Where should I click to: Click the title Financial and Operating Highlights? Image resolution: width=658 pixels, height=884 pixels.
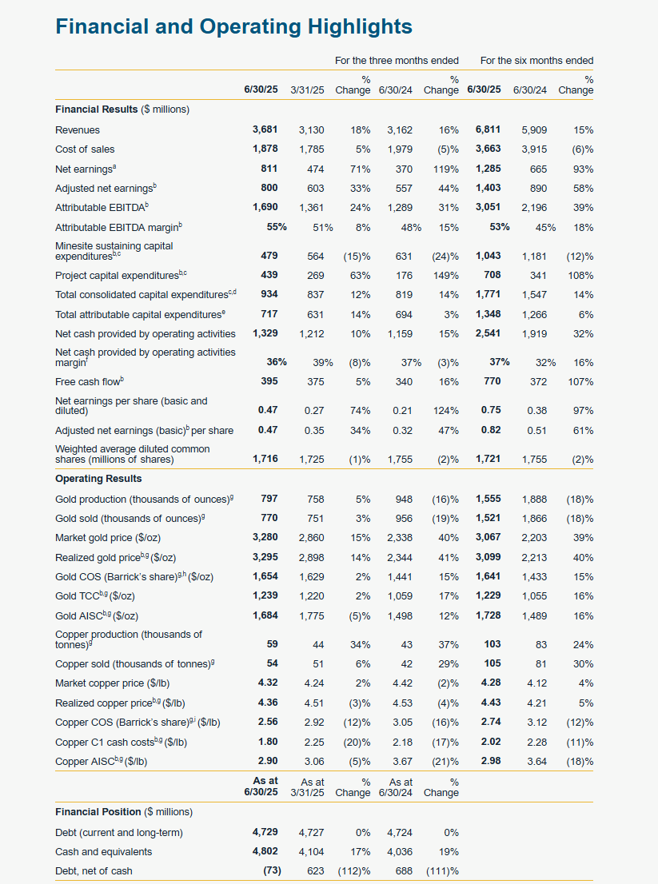tap(233, 26)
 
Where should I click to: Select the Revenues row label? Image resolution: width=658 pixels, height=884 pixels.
tap(78, 129)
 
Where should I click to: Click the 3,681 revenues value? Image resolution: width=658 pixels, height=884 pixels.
tap(265, 129)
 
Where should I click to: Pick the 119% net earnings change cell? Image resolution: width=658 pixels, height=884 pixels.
tap(443, 169)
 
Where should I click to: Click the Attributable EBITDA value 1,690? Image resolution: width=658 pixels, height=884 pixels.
tap(265, 207)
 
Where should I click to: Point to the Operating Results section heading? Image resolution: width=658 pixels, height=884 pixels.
tap(98, 479)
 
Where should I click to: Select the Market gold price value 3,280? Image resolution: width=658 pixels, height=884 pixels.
tap(265, 537)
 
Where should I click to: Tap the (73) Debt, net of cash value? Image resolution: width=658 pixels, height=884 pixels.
tap(272, 870)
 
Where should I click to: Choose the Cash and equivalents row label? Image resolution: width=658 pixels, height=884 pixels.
tap(103, 851)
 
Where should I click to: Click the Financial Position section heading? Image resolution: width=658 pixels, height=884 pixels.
tap(124, 812)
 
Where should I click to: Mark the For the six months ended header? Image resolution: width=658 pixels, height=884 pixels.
tap(536, 60)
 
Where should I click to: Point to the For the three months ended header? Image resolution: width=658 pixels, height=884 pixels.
tap(397, 60)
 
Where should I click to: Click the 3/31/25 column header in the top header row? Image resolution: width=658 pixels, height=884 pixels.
tap(307, 90)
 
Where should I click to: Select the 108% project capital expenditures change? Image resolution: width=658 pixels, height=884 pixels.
tap(580, 275)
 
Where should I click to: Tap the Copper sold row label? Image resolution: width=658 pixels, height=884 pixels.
tap(133, 663)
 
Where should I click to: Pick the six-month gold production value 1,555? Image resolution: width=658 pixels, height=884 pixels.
tap(488, 499)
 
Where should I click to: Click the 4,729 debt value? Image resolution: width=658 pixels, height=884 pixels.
tap(265, 832)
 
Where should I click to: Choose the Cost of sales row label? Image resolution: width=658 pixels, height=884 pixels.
tap(85, 149)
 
